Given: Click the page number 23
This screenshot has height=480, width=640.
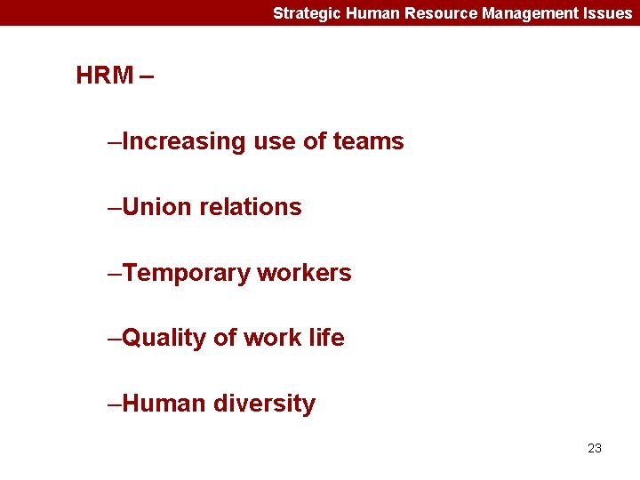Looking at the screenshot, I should click(x=595, y=448).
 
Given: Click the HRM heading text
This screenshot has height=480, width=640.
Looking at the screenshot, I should click(x=105, y=76).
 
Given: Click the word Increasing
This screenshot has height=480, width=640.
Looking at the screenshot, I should click(x=184, y=141).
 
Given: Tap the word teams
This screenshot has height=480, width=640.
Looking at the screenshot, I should click(x=368, y=141).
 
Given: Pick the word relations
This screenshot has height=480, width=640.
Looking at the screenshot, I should click(x=251, y=207).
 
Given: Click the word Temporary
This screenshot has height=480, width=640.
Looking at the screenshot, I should click(x=187, y=273).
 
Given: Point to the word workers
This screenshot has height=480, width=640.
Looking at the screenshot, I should click(x=305, y=273).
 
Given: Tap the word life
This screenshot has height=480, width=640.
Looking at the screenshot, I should click(x=326, y=338).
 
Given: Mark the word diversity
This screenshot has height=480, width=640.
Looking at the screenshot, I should click(x=265, y=404).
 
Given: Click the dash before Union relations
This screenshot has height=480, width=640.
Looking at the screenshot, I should click(x=114, y=208).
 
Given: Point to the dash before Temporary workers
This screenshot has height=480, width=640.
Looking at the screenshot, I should click(x=114, y=274).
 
